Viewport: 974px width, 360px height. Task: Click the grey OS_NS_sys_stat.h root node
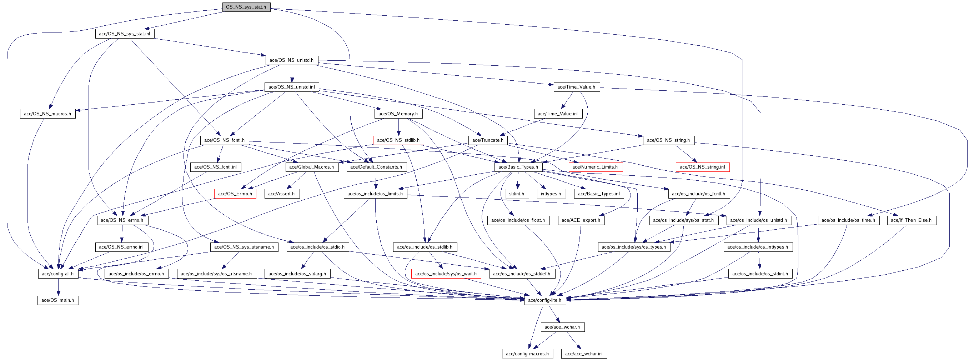click(x=246, y=7)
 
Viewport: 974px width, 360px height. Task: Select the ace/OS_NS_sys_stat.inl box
click(x=124, y=34)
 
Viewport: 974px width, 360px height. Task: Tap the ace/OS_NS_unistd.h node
click(x=291, y=60)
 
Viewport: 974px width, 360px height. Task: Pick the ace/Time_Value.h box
click(x=576, y=87)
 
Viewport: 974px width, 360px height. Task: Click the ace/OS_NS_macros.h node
click(x=47, y=114)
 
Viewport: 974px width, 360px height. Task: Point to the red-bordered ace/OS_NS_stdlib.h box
click(x=398, y=140)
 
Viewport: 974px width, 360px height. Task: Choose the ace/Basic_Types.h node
click(x=518, y=167)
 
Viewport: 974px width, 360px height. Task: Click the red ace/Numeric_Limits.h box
click(x=595, y=167)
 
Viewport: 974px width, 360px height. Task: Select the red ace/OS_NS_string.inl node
click(x=703, y=167)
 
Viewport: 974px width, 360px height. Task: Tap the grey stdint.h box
click(x=517, y=194)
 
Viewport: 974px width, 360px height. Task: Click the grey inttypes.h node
click(x=551, y=194)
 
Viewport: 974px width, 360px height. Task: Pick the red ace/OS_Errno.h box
click(x=235, y=194)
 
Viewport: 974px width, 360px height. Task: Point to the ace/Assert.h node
click(x=282, y=194)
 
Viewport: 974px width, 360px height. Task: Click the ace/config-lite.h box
click(x=545, y=300)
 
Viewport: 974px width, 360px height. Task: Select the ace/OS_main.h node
click(x=58, y=300)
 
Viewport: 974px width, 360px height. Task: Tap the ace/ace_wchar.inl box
click(x=584, y=354)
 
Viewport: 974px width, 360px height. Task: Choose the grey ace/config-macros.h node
click(x=527, y=354)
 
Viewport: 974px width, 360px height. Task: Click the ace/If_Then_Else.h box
click(x=911, y=220)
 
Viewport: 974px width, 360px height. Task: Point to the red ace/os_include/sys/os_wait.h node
click(x=446, y=274)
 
